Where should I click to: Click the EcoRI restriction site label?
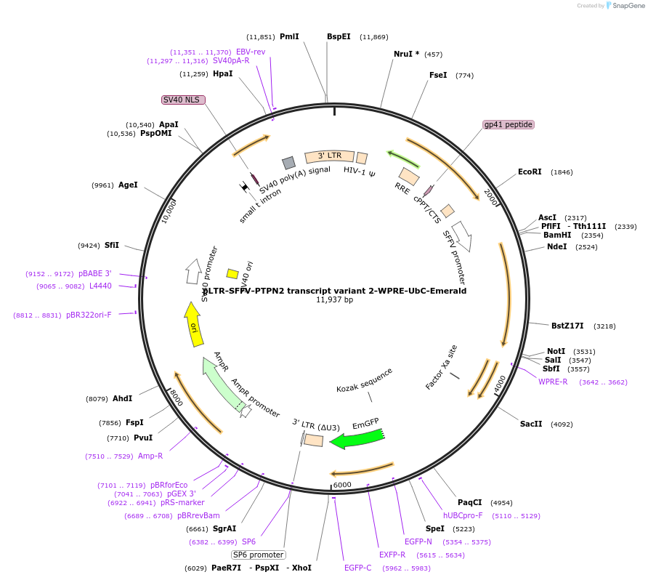tap(530, 172)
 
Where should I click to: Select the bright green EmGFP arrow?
tap(357, 438)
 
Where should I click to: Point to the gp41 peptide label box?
tap(509, 125)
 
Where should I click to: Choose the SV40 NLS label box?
tap(183, 100)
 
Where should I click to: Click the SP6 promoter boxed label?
tap(258, 555)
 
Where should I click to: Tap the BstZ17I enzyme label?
tap(567, 326)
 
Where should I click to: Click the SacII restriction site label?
tap(531, 424)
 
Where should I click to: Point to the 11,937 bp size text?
tap(334, 300)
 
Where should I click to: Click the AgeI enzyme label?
tap(128, 185)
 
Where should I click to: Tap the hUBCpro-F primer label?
tap(463, 515)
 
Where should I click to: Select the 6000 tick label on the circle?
tap(341, 485)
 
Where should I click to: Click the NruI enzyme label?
tap(406, 54)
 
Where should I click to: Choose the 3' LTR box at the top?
tap(329, 156)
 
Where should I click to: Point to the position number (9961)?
tap(102, 185)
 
